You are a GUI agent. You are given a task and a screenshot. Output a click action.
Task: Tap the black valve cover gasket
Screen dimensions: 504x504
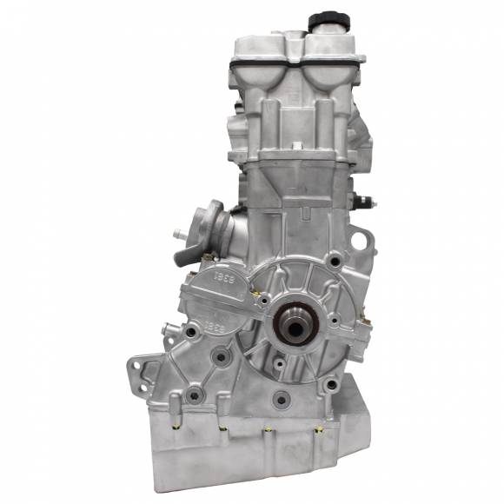[x=295, y=63]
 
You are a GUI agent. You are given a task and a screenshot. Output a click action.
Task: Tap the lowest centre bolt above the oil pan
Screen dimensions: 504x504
[x=280, y=400]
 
